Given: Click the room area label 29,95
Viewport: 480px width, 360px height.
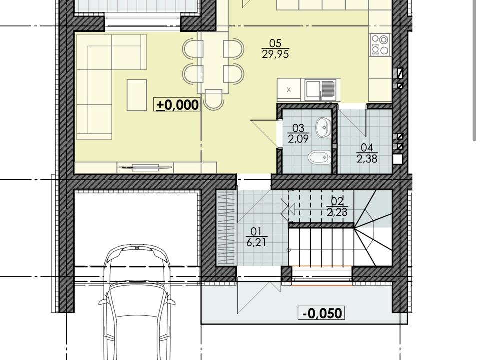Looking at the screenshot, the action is tap(275, 54).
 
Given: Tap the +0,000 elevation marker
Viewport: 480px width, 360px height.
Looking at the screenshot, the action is tap(177, 105).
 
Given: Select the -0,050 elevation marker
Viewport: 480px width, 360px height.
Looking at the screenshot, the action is tap(321, 313).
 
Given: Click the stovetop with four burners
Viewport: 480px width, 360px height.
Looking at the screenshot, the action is tap(380, 45).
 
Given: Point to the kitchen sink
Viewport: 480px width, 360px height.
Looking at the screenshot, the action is tap(320, 90).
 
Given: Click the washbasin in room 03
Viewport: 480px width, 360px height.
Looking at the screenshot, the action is tap(324, 127).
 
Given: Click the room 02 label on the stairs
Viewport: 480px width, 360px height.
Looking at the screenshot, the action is tap(337, 207).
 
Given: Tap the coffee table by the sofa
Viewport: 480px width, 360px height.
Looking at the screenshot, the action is tap(137, 95).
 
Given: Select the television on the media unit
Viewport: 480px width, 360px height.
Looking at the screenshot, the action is tap(145, 167).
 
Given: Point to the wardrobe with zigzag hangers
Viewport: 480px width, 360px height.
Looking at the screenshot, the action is tap(226, 228).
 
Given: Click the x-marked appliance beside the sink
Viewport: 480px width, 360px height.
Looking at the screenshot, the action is tap(289, 90).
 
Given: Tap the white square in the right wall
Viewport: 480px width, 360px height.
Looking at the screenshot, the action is tap(398, 159).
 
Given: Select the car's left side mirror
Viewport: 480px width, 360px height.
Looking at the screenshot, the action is tap(102, 302).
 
